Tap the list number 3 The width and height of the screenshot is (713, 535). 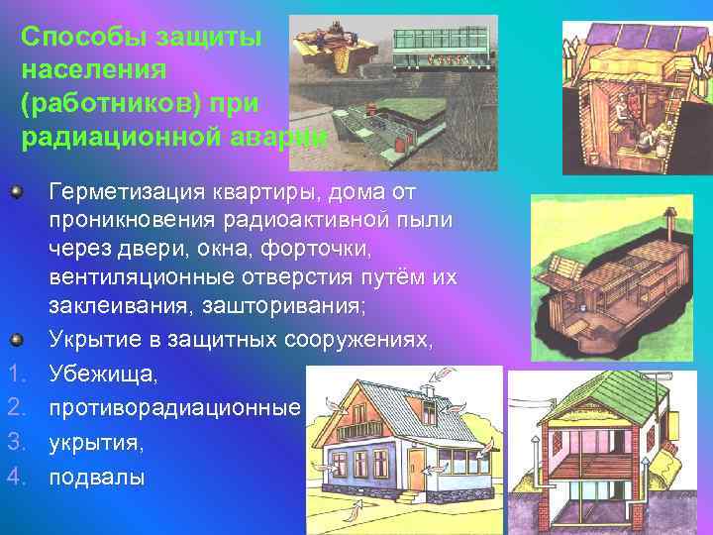pyautogui.click(x=15, y=444)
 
